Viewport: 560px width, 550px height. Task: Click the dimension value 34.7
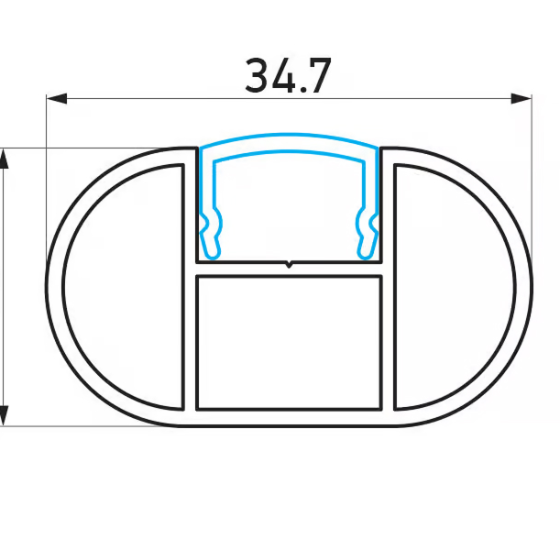(x=289, y=76)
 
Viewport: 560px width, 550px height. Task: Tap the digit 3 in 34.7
(x=258, y=76)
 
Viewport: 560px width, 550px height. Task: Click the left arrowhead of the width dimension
(x=57, y=99)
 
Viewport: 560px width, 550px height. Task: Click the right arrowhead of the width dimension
(x=522, y=99)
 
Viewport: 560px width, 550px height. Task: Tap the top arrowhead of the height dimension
(x=4, y=159)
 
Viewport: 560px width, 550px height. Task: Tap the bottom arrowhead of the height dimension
(x=4, y=415)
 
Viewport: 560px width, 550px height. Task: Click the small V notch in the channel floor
(x=289, y=265)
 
